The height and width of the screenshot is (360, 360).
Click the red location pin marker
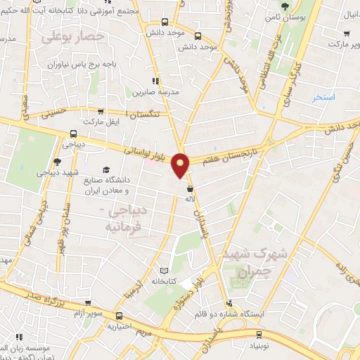click(x=181, y=165)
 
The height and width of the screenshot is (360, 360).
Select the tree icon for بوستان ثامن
click(x=285, y=6)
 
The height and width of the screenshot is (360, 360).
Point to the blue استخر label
click(x=324, y=97)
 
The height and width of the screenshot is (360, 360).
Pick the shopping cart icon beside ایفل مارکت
click(x=101, y=111)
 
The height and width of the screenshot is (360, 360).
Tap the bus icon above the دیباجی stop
click(x=73, y=134)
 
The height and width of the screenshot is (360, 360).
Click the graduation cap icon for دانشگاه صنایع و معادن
click(x=106, y=169)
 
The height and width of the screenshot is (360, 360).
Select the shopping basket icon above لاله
click(x=190, y=188)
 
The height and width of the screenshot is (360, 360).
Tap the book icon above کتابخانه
click(x=165, y=270)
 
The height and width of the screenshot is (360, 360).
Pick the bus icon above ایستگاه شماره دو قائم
click(x=241, y=302)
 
